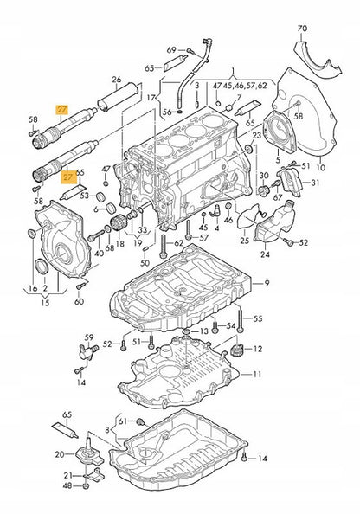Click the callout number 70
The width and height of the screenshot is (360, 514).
(302, 29)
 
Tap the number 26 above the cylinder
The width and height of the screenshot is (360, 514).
(116, 80)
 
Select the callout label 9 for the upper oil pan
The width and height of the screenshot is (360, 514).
(267, 283)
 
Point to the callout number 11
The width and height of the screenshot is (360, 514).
(257, 374)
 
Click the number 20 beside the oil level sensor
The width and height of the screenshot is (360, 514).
(60, 454)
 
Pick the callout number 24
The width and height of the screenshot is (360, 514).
(265, 254)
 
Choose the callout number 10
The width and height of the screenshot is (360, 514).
(321, 167)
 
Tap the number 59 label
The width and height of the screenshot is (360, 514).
(89, 337)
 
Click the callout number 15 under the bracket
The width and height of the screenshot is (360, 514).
(45, 303)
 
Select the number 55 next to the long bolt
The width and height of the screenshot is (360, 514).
(258, 318)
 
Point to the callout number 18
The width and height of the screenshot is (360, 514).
(120, 243)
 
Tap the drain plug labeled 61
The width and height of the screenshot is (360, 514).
(141, 421)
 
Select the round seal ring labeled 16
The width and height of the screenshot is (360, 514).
(31, 234)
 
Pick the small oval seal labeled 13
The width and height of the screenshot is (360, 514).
(186, 332)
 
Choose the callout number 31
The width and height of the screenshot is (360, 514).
(315, 183)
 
